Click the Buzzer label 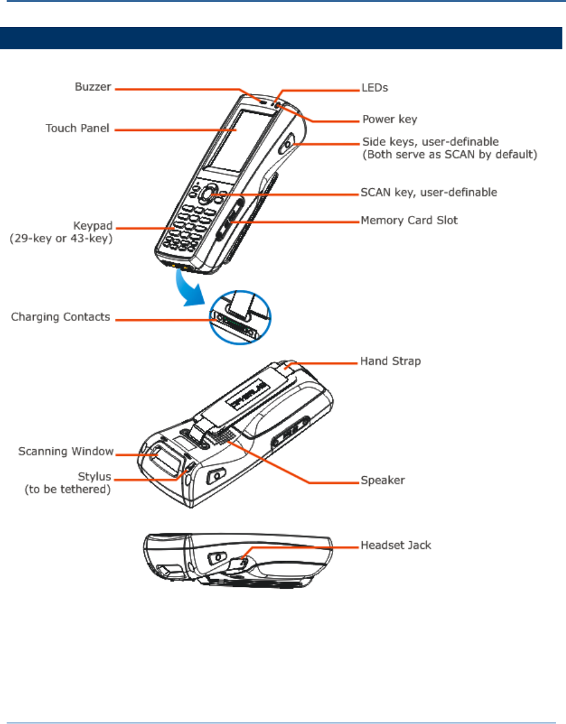[93, 87]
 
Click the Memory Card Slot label [409, 221]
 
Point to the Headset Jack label [395, 545]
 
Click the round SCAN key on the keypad [208, 194]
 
